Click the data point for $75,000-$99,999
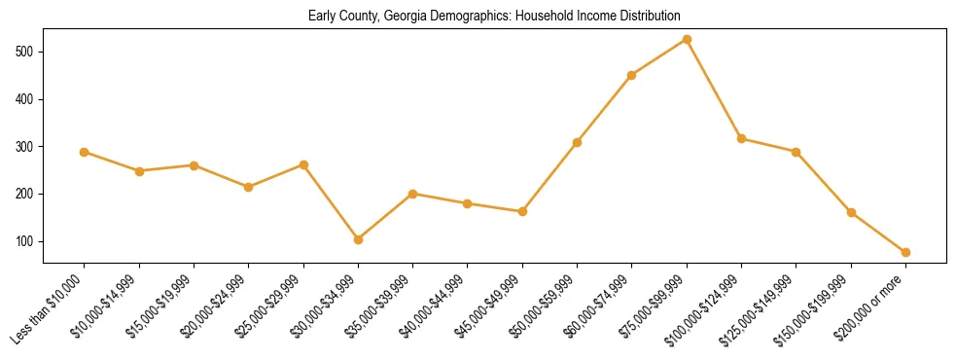coord(687,40)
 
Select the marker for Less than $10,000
coord(85,152)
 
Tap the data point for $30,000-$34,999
coord(358,239)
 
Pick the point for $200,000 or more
coord(905,252)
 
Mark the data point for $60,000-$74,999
coord(632,75)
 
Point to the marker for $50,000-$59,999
coord(577,142)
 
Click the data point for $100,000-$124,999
coord(741,139)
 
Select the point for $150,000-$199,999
coord(851,212)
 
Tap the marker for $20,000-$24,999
coord(249,187)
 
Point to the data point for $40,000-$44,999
coord(468,203)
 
